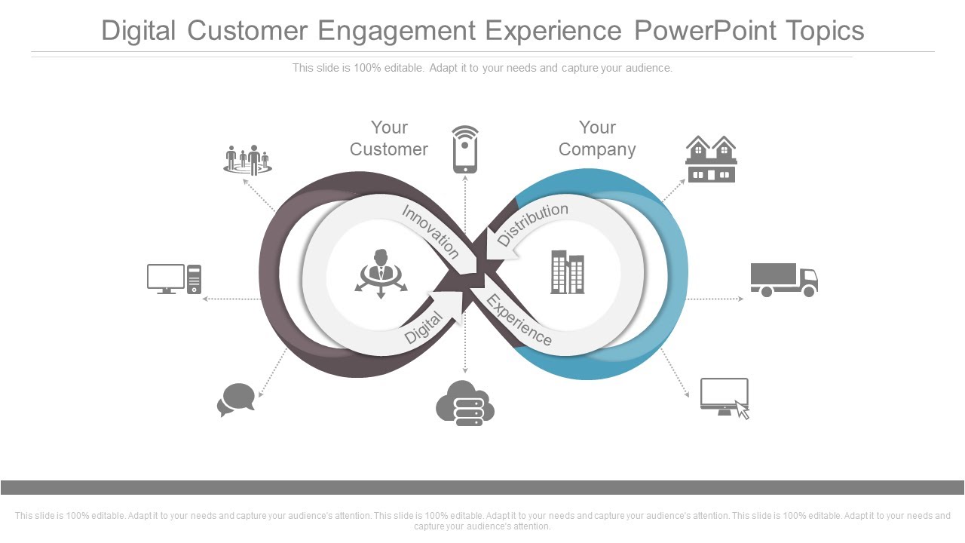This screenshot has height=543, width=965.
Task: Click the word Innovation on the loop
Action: coord(430,232)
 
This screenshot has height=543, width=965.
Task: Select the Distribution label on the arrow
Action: coord(532,222)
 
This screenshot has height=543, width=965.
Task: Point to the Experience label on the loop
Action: coord(519,321)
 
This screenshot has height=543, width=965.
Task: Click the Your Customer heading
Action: coord(389,139)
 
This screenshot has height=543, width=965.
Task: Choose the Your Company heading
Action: coord(597,139)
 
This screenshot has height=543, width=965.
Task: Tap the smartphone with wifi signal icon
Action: coord(465,149)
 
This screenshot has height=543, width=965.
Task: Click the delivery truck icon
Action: coord(783,280)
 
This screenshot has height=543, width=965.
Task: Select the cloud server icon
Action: coord(465,403)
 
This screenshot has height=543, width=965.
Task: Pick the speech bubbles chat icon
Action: coord(237,400)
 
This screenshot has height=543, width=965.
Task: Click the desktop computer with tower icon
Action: coord(174,279)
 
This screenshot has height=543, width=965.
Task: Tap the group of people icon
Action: coord(247,160)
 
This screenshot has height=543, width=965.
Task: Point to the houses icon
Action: coord(711,159)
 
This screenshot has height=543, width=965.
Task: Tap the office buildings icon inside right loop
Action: coord(568,272)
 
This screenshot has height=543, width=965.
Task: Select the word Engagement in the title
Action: coord(397,31)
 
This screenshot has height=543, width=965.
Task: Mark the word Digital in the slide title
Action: coord(139,31)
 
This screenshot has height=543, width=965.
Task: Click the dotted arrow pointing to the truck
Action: coord(715,299)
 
